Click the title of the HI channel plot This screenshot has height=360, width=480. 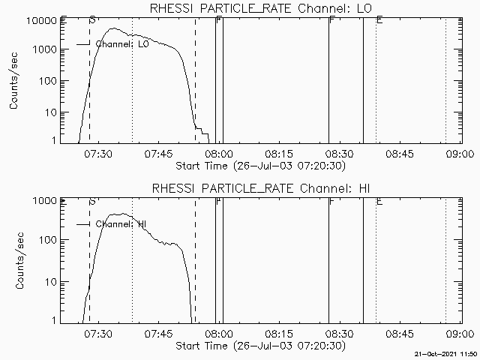click(x=259, y=187)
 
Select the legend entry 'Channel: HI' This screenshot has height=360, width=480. click(x=120, y=224)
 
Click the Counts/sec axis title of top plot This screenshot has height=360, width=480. click(x=14, y=80)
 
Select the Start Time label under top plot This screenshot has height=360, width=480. click(x=259, y=166)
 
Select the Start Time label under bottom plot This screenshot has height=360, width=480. click(x=259, y=346)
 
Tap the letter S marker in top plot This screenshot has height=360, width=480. click(x=91, y=19)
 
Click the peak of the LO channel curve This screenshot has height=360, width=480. click(x=112, y=28)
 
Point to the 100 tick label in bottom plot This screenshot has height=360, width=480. click(x=46, y=240)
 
